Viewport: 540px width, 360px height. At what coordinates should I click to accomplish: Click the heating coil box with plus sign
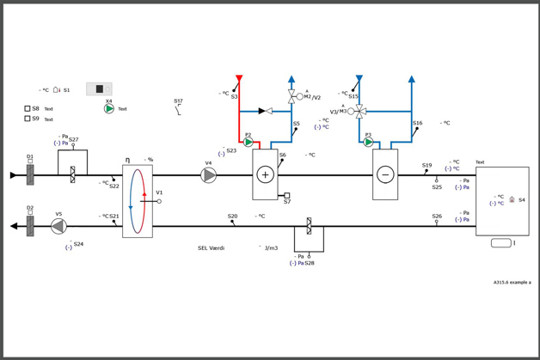[265, 174]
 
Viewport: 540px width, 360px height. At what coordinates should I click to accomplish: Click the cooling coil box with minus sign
[385, 174]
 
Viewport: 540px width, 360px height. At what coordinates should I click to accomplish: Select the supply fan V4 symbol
[209, 175]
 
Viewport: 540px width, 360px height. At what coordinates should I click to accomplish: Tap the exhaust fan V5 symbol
[58, 226]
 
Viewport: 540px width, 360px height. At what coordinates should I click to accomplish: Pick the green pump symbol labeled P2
[249, 143]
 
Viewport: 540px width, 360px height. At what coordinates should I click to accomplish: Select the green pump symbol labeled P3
[369, 143]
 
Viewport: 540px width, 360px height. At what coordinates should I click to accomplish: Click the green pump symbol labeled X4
[109, 109]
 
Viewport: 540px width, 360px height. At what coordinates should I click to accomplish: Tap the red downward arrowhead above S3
[239, 79]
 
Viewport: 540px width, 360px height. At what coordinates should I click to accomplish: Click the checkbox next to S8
[28, 109]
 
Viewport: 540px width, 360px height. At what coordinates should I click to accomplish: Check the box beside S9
[28, 119]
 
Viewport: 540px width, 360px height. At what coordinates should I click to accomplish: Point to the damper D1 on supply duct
[30, 175]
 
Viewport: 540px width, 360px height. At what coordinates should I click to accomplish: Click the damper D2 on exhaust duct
[30, 226]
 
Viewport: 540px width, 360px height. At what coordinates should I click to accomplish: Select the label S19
[426, 166]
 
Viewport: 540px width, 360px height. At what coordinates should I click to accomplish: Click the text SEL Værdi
[211, 248]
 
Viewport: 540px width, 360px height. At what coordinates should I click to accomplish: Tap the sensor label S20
[232, 217]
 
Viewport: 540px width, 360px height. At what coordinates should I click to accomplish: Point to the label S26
[437, 217]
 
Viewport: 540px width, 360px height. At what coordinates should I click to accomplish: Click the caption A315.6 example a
[512, 282]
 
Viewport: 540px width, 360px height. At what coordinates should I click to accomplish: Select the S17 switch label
[178, 101]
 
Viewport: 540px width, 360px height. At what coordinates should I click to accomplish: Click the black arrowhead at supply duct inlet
[14, 175]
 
